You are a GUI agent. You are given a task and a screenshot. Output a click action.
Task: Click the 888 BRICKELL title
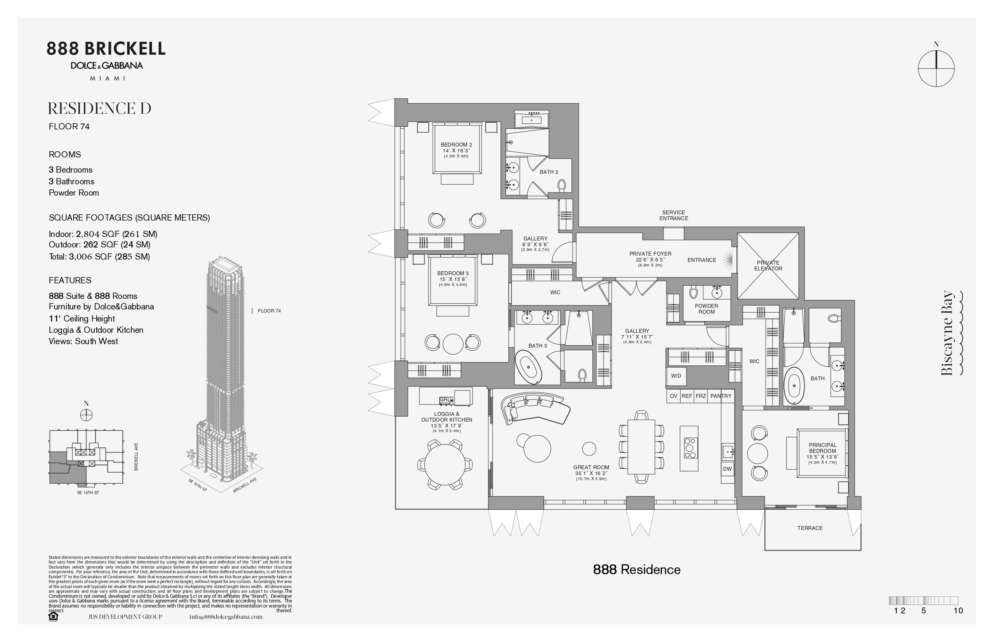pyautogui.click(x=106, y=49)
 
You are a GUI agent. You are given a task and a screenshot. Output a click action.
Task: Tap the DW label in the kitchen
pyautogui.click(x=727, y=469)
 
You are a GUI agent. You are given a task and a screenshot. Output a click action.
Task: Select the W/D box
pyautogui.click(x=676, y=376)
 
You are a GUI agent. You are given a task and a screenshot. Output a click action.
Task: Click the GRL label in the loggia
pyautogui.click(x=445, y=399)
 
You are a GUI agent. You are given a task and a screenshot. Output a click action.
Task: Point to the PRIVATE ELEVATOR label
pyautogui.click(x=768, y=265)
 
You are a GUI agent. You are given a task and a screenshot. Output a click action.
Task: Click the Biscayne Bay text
pyautogui.click(x=947, y=333)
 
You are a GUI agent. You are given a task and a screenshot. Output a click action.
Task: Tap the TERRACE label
pyautogui.click(x=810, y=528)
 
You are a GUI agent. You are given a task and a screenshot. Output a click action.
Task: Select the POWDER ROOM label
pyautogui.click(x=706, y=309)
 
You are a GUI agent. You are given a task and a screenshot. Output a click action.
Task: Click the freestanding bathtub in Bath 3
pyautogui.click(x=528, y=367)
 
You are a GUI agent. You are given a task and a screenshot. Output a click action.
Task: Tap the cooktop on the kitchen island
pyautogui.click(x=689, y=448)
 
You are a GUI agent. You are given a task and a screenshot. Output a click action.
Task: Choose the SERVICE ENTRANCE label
pyautogui.click(x=674, y=216)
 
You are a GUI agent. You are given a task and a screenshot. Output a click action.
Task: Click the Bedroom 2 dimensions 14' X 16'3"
pyautogui.click(x=456, y=151)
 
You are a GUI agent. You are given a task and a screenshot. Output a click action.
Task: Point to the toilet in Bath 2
pyautogui.click(x=562, y=185)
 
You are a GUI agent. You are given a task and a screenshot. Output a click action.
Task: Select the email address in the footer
pyautogui.click(x=226, y=617)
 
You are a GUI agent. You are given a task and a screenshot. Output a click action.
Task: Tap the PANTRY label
pyautogui.click(x=721, y=396)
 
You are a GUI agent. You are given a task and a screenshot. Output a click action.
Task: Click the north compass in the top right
pyautogui.click(x=936, y=68)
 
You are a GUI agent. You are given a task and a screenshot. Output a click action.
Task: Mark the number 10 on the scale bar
pyautogui.click(x=958, y=610)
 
